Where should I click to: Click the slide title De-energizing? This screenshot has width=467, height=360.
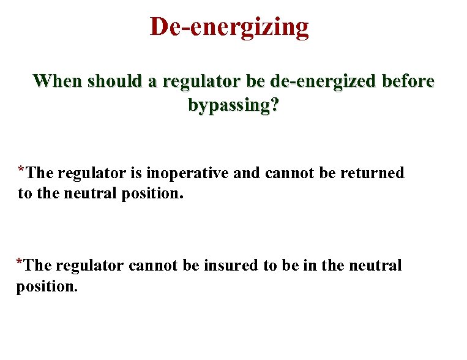point(230,27)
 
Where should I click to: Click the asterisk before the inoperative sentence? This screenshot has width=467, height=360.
point(21,170)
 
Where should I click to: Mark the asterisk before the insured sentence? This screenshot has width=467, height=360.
point(20,262)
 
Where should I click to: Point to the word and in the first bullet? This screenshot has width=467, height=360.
point(247,174)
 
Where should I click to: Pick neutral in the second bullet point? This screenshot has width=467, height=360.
point(375,266)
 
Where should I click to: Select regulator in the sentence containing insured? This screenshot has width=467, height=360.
point(91,266)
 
